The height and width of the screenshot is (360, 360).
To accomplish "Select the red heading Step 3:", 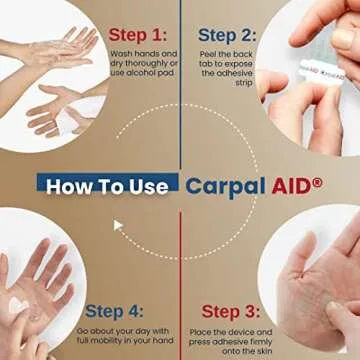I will [x=234, y=312].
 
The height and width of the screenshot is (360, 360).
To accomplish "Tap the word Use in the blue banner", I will [x=153, y=185].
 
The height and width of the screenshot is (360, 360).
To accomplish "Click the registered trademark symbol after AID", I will [x=317, y=181].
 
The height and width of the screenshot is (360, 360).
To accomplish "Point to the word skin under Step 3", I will [x=247, y=355].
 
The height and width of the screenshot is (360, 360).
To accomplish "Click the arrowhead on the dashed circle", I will [x=117, y=226].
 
